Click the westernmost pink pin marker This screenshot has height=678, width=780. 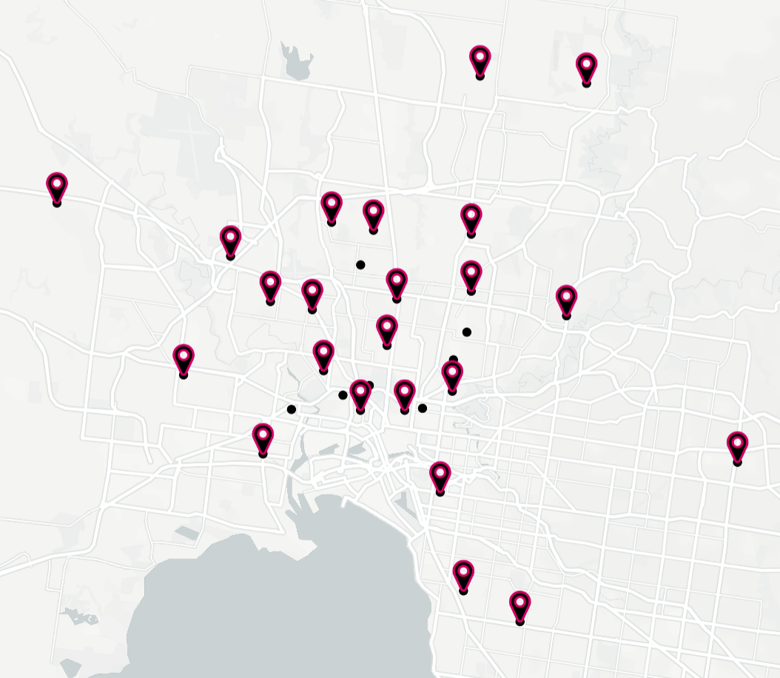57,188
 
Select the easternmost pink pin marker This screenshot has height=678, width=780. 737,447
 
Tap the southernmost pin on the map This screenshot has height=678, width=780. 520,606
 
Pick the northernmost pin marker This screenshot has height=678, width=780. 480,61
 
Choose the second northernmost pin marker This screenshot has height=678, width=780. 587,68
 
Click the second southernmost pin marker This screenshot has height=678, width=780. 463,576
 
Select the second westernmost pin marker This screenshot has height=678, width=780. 184,360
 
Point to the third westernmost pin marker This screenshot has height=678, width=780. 231,242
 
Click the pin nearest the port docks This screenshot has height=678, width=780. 263,439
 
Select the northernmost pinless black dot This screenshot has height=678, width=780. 360,264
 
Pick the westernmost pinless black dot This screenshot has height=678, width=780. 292,409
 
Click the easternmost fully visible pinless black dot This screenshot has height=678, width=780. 466,332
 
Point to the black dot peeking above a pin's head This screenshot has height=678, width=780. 453,360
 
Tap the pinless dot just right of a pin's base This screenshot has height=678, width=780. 423,408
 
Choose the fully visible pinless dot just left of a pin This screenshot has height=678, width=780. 343,395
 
